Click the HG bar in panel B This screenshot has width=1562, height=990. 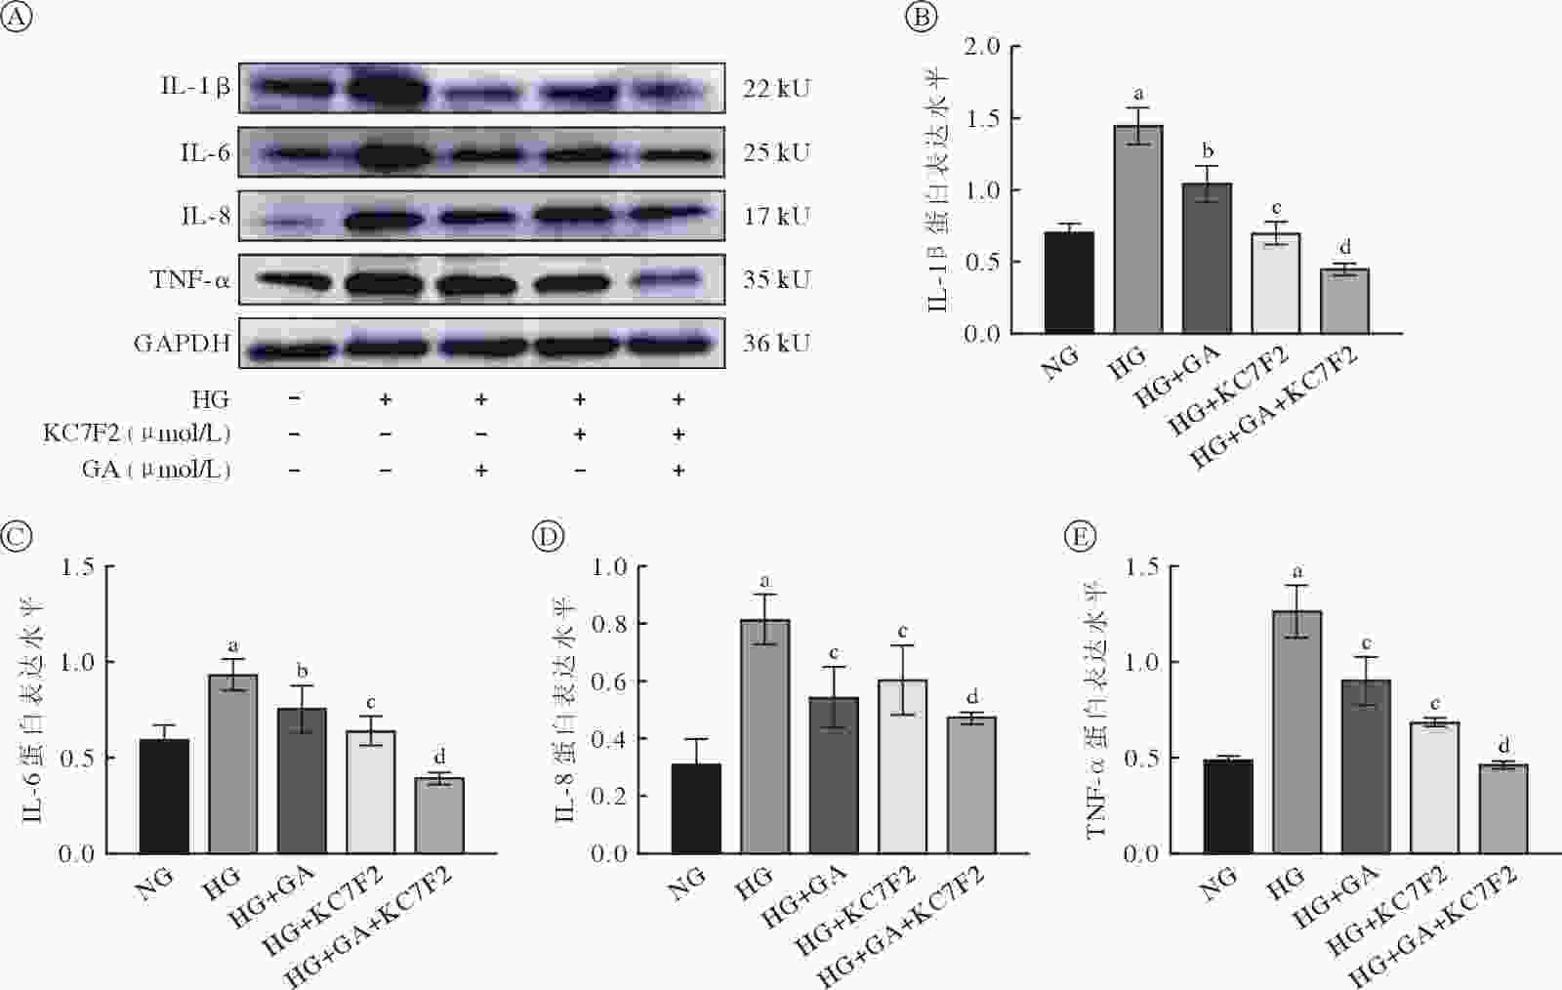coord(1137,229)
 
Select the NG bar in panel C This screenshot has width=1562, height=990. coord(164,796)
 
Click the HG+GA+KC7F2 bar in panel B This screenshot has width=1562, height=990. coord(1344,301)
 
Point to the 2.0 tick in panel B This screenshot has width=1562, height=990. coord(981,47)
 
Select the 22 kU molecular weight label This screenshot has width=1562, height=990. coord(776,89)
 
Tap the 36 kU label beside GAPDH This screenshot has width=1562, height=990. coord(776,343)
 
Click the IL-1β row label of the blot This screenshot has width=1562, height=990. coord(195,87)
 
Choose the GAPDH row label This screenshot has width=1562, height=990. coord(183,344)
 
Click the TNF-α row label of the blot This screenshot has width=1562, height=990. coord(190,280)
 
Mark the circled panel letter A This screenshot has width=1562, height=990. coord(17,19)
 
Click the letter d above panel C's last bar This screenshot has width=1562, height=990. coord(439,757)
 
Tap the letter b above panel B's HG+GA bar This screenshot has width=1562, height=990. coord(1208,151)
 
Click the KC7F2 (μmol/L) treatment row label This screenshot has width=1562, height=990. coord(137,433)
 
